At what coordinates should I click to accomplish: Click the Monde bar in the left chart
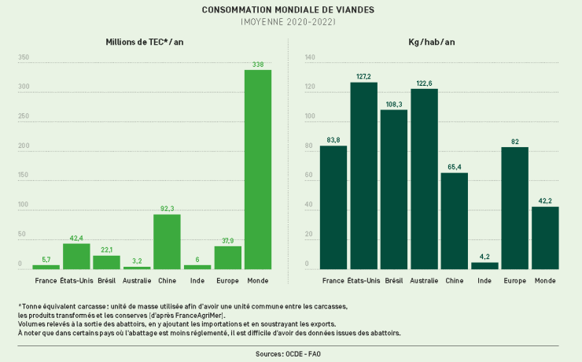pos(258,169)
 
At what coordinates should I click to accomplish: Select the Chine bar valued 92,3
pos(167,242)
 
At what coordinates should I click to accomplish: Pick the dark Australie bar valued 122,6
pos(425,179)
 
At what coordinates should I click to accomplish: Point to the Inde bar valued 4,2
pos(484,265)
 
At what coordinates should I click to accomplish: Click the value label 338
pos(258,64)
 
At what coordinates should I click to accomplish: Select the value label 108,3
pos(394,104)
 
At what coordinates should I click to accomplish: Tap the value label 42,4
pos(76,238)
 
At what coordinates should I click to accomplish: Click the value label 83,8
pos(333,140)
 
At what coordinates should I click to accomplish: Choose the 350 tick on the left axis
pos(24,57)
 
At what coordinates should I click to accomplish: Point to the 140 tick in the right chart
pos(309,57)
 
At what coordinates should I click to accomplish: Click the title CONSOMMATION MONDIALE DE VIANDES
pos(288,10)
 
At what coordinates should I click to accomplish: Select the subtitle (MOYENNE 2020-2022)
pos(288,22)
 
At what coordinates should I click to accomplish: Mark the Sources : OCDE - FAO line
pos(288,354)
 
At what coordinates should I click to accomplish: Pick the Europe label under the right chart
pos(514,280)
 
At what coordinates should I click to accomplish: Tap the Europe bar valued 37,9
pos(227,257)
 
